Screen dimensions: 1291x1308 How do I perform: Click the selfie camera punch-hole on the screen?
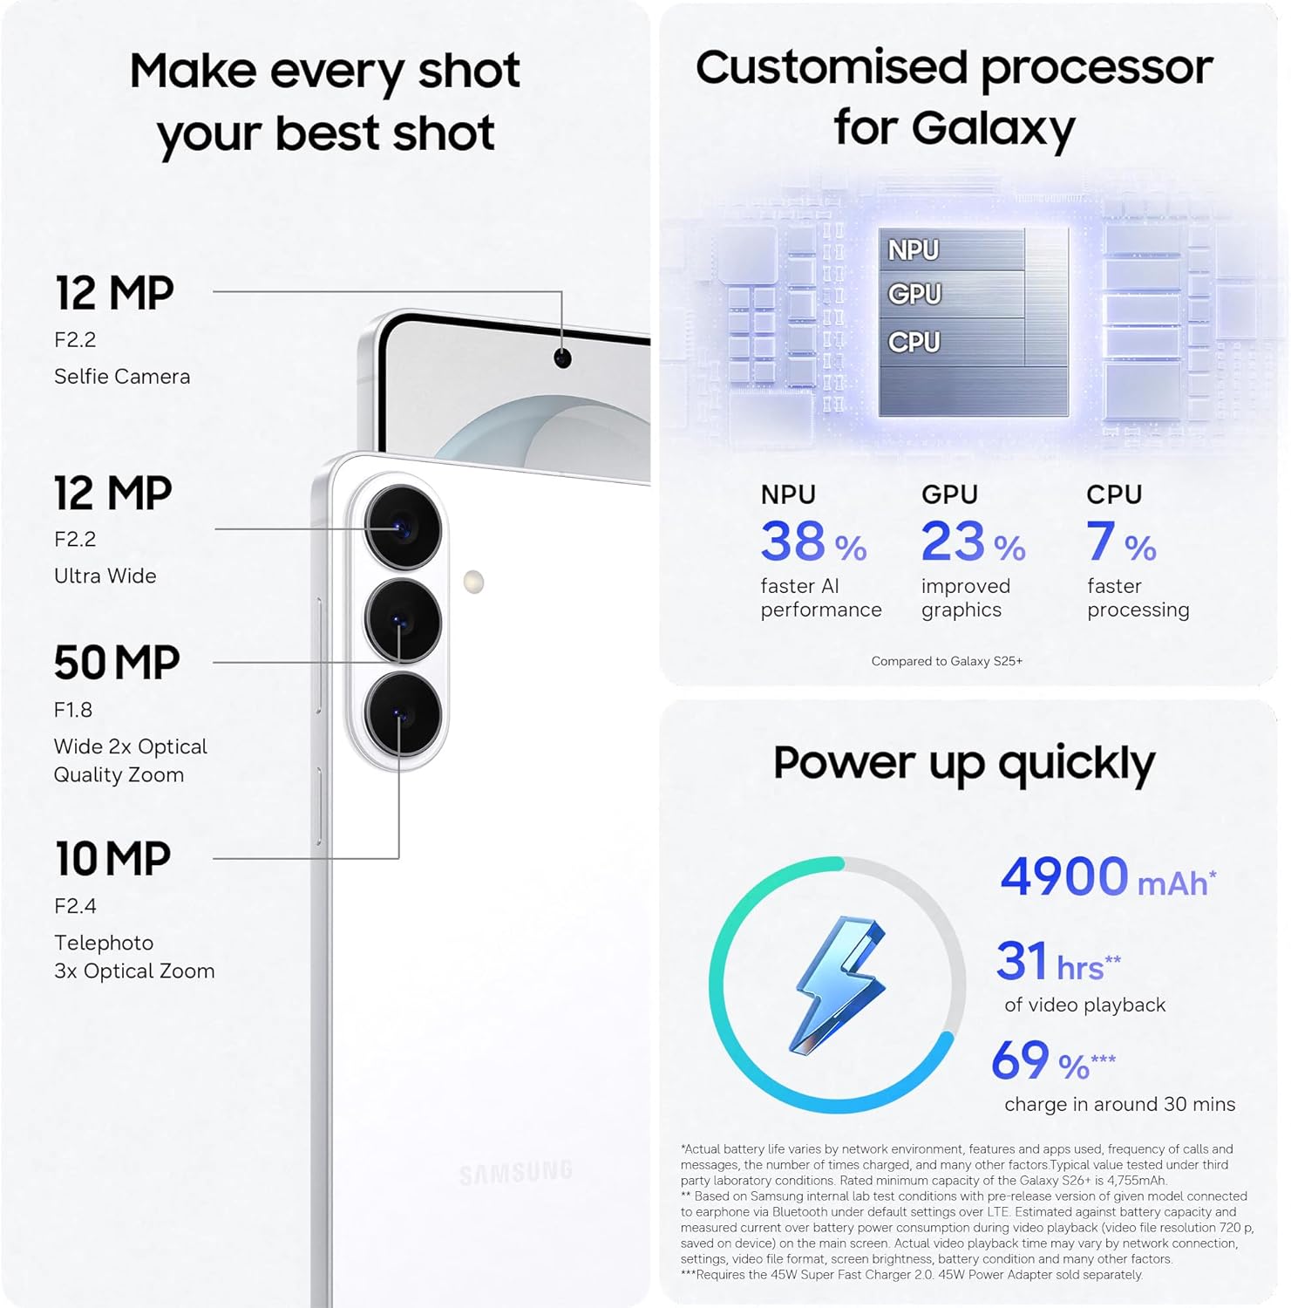tap(563, 358)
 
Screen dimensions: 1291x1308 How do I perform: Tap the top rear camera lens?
tap(403, 528)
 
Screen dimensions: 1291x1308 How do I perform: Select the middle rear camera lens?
tap(403, 621)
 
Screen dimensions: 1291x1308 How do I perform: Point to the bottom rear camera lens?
tap(403, 714)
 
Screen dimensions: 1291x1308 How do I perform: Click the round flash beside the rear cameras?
tap(473, 582)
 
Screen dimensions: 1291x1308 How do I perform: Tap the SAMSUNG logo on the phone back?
tap(516, 1173)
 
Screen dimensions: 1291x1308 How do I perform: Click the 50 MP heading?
tap(117, 663)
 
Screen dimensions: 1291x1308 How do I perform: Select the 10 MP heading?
tap(113, 859)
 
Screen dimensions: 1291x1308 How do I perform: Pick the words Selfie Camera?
tap(122, 377)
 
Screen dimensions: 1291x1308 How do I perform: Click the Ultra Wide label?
tap(105, 576)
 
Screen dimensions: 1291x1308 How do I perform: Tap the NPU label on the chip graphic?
tap(914, 250)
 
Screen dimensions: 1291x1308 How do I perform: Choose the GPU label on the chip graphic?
tap(914, 294)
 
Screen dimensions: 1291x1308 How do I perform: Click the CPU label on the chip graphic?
tap(914, 342)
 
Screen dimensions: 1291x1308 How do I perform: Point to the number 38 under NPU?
tap(792, 542)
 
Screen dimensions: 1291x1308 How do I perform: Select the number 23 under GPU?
tap(953, 542)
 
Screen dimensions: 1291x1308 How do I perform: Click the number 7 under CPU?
tap(1100, 542)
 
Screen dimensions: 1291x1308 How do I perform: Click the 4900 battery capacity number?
tap(1064, 876)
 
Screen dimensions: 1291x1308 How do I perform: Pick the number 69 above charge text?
tap(1021, 1060)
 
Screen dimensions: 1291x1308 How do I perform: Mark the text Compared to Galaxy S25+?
tap(947, 661)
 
